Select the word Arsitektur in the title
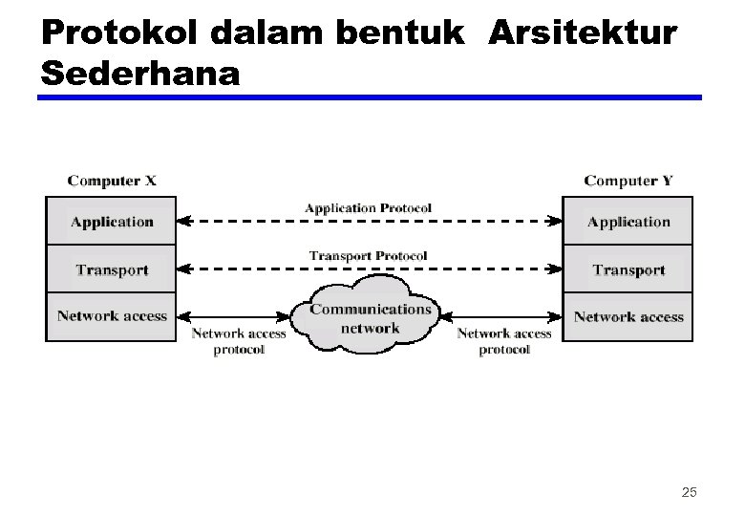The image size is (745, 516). pos(583,34)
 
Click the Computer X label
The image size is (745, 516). pos(112,180)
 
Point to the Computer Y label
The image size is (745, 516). pos(628,180)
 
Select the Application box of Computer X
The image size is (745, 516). pos(112,222)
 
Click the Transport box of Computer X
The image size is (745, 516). pos(112,269)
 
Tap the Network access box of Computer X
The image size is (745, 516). pos(112,316)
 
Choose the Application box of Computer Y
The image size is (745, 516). pos(628,222)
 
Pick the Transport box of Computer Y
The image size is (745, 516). pos(628,269)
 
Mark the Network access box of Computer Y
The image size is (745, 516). pos(628,316)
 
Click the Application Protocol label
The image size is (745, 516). pos(368,207)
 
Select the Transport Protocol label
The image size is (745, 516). pos(368,255)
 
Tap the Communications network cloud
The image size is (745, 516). pos(371,318)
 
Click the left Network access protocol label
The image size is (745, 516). pos(239,341)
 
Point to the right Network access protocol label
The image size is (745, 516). pos(504,341)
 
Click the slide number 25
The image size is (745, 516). pos(689,492)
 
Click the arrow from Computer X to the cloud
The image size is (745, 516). pos(234,316)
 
